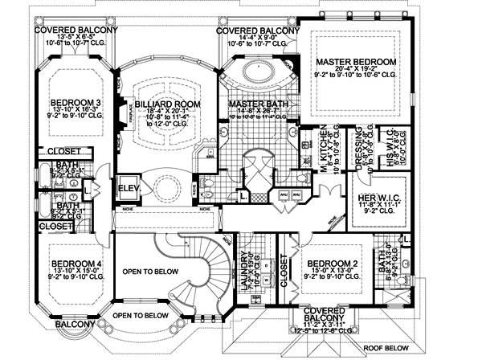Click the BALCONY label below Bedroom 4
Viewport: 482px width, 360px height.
(x=75, y=324)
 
